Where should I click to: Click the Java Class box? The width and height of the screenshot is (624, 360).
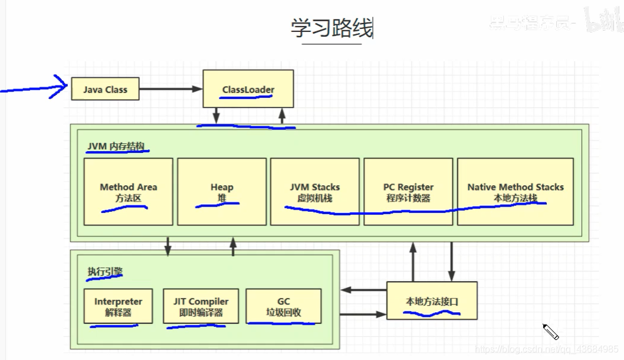point(105,90)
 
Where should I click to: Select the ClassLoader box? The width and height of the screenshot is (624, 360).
point(248,89)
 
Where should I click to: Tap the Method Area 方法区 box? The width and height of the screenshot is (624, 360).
point(128,192)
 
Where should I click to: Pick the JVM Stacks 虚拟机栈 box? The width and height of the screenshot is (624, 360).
point(314,192)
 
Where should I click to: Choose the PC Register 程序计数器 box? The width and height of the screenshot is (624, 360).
point(408,192)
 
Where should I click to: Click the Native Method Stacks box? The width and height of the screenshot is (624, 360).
point(515,192)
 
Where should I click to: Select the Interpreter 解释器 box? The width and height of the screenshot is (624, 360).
point(118,306)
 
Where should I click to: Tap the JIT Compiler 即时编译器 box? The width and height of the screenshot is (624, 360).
point(201,306)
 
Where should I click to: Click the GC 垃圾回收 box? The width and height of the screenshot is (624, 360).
point(283,306)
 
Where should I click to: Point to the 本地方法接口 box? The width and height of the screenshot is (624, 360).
point(432,301)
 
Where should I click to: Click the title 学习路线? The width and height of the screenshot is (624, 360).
point(331,28)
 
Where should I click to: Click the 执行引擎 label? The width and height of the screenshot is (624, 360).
point(105,272)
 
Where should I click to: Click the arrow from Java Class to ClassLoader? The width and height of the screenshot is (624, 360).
point(171,89)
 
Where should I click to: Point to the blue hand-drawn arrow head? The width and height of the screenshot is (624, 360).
point(62,87)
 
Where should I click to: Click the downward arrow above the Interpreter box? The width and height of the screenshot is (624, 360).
point(168,247)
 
